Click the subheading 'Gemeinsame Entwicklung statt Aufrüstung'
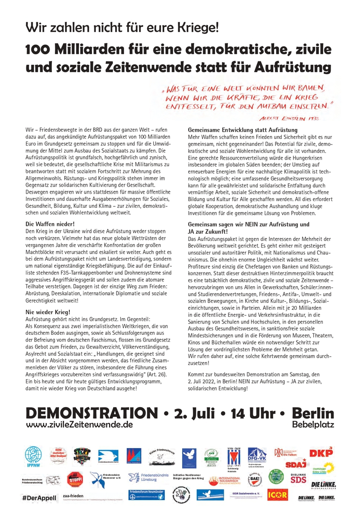[x=243, y=129]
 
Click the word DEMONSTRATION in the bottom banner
[x=92, y=413]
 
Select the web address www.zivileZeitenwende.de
[x=79, y=425]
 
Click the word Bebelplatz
[x=313, y=425]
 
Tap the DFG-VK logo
[x=258, y=455]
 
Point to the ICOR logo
[x=276, y=495]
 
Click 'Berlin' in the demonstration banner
[x=313, y=413]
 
